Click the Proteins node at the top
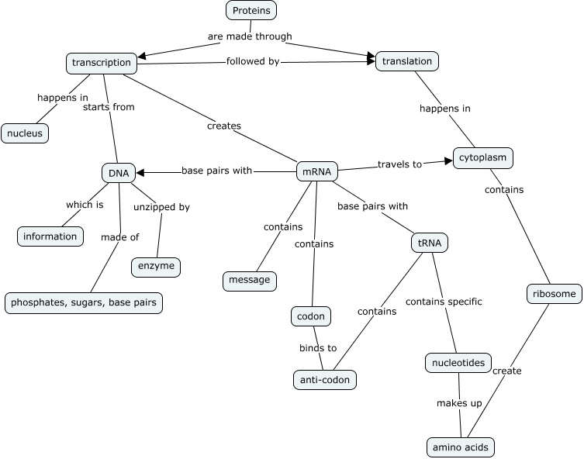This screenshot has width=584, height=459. click(251, 11)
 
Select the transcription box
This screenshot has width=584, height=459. click(102, 62)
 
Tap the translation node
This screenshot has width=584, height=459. click(407, 61)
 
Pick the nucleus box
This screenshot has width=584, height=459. click(25, 133)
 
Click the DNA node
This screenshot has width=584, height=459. click(119, 172)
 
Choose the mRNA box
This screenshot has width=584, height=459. click(316, 172)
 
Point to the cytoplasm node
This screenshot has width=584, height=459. click(482, 158)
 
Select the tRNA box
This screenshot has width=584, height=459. click(429, 243)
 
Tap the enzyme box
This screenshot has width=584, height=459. click(157, 267)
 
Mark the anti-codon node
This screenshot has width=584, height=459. click(326, 380)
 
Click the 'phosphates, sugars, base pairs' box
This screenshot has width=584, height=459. click(84, 302)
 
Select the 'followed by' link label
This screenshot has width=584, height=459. click(252, 61)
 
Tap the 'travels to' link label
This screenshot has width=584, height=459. click(399, 164)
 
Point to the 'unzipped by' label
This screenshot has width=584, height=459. click(161, 207)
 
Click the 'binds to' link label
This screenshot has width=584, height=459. click(318, 348)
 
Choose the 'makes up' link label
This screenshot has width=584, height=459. click(459, 405)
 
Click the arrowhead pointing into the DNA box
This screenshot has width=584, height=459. click(141, 171)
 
